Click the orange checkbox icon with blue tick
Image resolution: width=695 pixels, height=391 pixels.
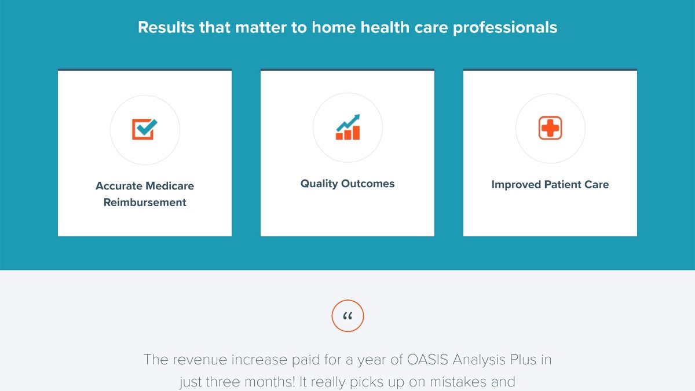tap(145, 129)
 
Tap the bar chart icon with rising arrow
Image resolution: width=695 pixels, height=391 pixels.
tap(348, 127)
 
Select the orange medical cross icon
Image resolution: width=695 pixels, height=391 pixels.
tap(550, 128)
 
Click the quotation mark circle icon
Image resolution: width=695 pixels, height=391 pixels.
tap(348, 316)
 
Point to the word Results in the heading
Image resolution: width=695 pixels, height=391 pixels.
tap(166, 27)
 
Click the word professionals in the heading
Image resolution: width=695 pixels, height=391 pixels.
tap(505, 28)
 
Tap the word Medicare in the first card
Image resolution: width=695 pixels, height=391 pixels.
tap(170, 186)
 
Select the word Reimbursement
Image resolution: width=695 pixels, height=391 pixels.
tap(145, 202)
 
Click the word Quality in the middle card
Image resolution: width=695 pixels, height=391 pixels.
tap(319, 184)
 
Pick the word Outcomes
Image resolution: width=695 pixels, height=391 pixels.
tap(368, 184)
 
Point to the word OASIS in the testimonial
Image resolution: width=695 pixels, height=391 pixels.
tap(427, 360)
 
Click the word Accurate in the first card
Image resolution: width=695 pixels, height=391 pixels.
tap(119, 186)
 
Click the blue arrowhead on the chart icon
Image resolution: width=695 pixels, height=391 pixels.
tap(356, 117)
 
